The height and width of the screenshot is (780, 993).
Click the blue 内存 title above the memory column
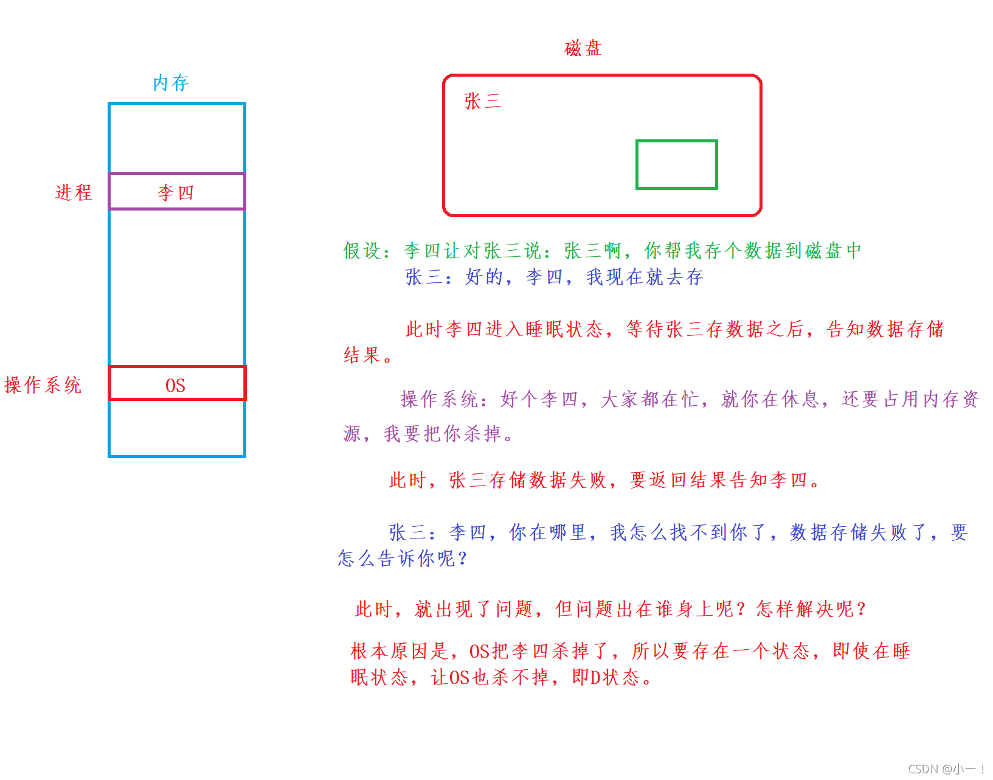point(171,83)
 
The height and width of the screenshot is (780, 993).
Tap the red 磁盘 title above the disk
point(583,48)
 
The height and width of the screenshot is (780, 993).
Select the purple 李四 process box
point(177,192)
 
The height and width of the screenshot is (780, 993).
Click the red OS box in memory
point(177,384)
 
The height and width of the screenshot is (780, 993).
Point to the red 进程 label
point(74,192)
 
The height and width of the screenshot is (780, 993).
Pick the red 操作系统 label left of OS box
point(43,385)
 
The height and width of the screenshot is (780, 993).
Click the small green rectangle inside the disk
point(676,164)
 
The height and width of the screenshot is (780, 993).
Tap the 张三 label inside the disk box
point(482,101)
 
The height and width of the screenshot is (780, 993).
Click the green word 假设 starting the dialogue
point(362,251)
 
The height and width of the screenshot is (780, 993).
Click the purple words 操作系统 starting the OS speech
point(440,399)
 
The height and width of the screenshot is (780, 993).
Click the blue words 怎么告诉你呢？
point(403,558)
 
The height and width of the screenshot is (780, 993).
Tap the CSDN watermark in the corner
point(946,769)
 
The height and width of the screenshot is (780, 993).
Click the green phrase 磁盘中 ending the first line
point(832,251)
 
